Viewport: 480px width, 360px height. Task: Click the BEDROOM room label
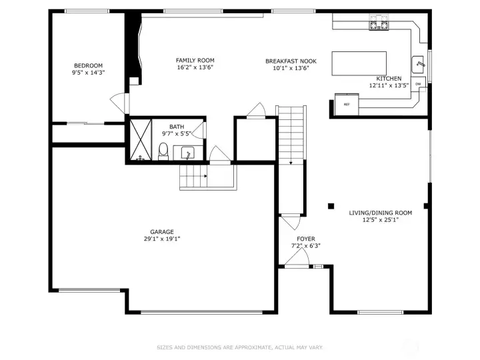pos(88,65)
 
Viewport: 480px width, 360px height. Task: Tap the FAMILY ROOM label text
pos(195,60)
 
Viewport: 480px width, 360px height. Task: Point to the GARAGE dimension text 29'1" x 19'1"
pos(161,239)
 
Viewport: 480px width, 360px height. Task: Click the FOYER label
pos(306,239)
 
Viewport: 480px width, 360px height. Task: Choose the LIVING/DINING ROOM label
pos(380,213)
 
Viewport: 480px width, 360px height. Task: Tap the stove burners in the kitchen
pos(379,26)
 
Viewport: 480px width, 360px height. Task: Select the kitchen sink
pos(419,63)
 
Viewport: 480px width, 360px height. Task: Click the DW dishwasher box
pos(418,84)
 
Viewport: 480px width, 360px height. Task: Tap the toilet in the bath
pos(163,150)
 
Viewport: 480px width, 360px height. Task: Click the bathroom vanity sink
pos(187,153)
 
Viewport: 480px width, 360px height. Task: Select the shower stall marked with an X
pos(140,141)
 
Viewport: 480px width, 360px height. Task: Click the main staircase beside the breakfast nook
pos(290,133)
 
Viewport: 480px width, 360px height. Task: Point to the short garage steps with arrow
pos(195,177)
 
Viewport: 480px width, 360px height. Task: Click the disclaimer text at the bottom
pos(239,347)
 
